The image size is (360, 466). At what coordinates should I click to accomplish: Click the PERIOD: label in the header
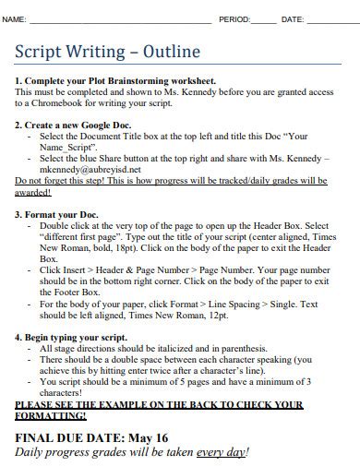(234, 19)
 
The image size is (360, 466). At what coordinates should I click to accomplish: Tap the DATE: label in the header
(292, 19)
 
